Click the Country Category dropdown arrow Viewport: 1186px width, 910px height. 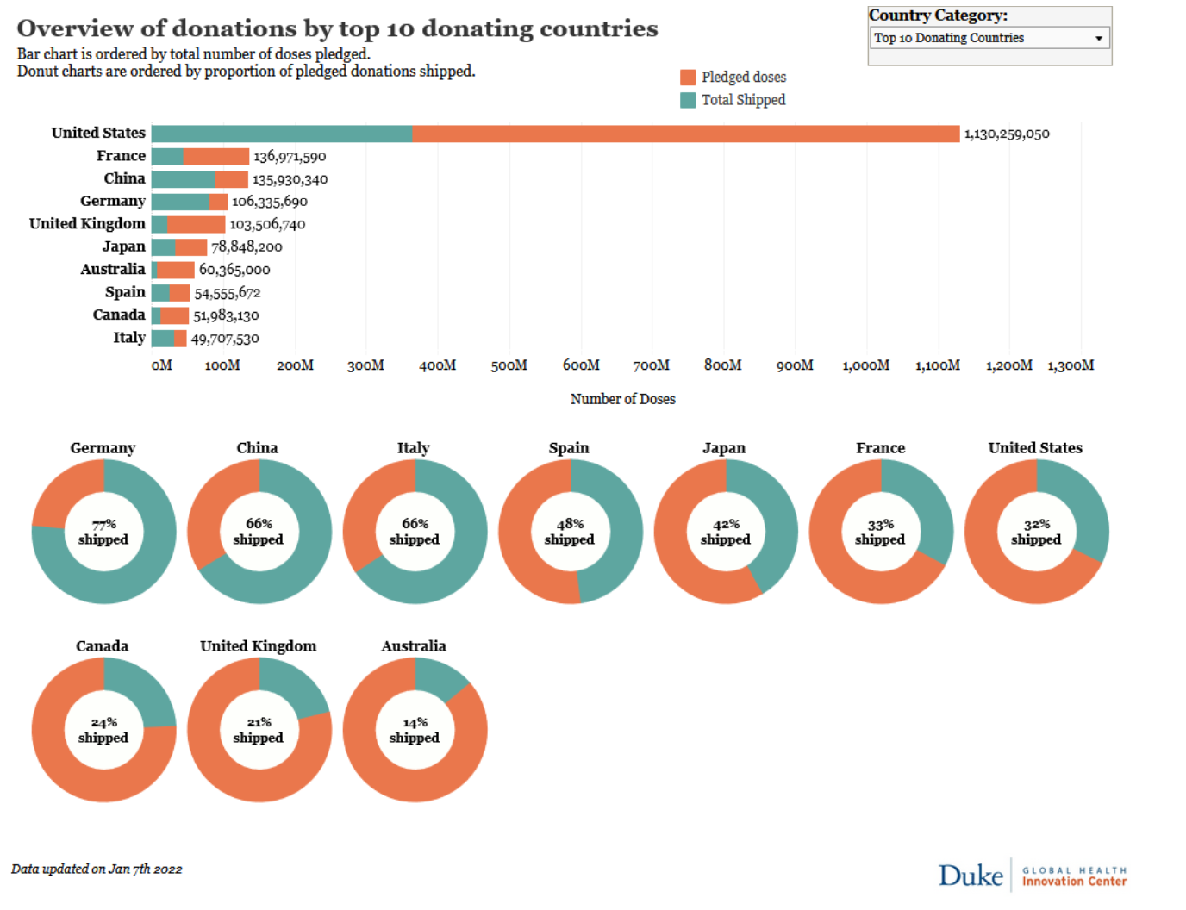click(x=1098, y=38)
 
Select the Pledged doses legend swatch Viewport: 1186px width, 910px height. click(x=688, y=78)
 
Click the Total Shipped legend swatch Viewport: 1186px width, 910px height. click(x=688, y=100)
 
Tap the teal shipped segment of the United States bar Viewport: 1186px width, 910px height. click(x=281, y=134)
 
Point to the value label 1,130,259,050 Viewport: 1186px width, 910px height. click(x=1006, y=134)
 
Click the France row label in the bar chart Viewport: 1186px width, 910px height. click(x=121, y=156)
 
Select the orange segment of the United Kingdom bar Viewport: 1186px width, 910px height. click(x=196, y=224)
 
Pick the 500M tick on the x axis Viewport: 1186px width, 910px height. click(x=509, y=365)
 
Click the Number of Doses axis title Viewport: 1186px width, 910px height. click(x=622, y=399)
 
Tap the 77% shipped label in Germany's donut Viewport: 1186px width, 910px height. click(x=103, y=532)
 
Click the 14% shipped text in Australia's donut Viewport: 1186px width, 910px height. click(x=415, y=730)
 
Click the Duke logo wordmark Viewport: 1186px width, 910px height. click(x=971, y=876)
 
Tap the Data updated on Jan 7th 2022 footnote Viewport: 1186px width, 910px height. click(x=97, y=869)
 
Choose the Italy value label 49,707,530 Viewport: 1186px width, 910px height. click(x=225, y=339)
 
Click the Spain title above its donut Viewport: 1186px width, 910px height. click(x=569, y=448)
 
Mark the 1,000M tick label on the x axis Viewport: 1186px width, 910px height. click(x=865, y=365)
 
